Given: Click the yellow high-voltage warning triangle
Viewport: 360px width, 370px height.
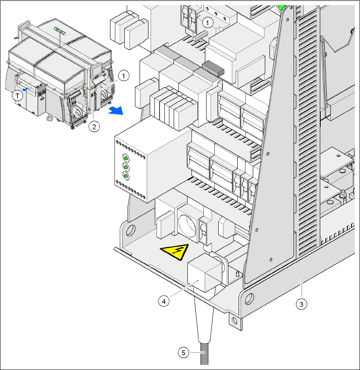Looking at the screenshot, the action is click(x=175, y=252).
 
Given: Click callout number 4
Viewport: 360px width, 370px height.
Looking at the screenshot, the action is click(x=164, y=301).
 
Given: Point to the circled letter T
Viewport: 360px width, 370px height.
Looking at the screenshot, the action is click(x=17, y=96).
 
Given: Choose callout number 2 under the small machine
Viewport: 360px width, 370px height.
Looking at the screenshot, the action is click(x=94, y=126).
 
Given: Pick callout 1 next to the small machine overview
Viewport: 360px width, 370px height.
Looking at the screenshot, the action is click(x=123, y=76).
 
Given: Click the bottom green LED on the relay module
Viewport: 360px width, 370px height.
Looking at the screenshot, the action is click(x=126, y=175).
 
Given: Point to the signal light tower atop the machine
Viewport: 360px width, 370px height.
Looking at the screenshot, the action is click(x=60, y=31).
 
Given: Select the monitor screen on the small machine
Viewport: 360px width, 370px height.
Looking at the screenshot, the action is click(x=96, y=68).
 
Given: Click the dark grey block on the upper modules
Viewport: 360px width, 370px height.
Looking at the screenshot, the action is click(x=213, y=68).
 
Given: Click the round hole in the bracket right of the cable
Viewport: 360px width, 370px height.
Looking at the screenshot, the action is click(x=248, y=299).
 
